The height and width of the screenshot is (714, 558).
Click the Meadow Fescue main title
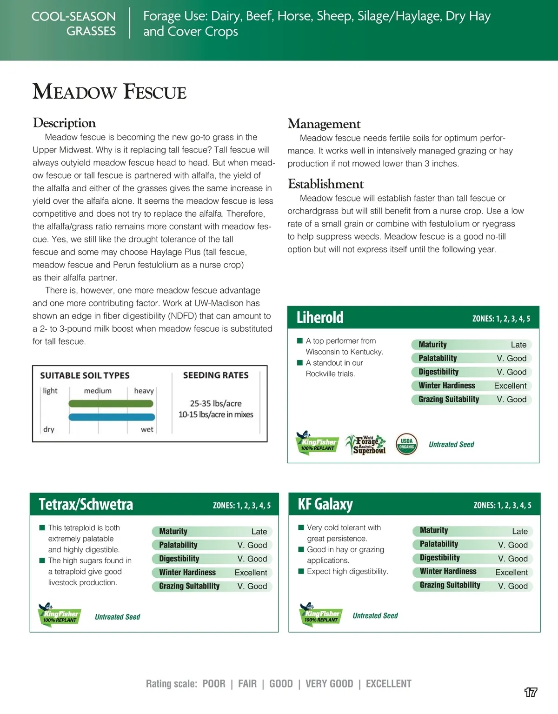[x=110, y=92]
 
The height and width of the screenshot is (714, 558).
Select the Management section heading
[x=324, y=124]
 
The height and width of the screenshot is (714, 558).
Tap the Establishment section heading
[x=325, y=184]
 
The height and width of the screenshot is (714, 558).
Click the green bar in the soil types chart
[x=111, y=404]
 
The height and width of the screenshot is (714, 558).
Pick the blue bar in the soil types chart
[x=112, y=417]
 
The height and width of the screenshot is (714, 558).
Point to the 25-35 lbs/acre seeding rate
[x=216, y=403]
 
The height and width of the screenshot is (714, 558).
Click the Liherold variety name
[x=320, y=318]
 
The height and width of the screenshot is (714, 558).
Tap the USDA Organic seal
[x=406, y=444]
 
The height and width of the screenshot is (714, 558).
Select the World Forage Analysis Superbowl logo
[x=366, y=445]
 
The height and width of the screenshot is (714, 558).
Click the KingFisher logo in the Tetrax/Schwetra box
[x=59, y=615]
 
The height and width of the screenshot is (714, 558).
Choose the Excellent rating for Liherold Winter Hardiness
[x=510, y=386]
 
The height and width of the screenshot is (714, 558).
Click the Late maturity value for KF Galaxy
[x=519, y=531]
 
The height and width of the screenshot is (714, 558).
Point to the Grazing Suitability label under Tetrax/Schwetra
[x=189, y=586]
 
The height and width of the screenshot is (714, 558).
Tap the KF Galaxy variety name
[x=325, y=504]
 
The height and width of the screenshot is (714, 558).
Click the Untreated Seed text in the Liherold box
[x=451, y=445]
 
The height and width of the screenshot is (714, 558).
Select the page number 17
[x=531, y=692]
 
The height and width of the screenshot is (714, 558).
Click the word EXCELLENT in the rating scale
[x=388, y=684]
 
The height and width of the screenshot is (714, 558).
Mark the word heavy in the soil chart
[x=144, y=391]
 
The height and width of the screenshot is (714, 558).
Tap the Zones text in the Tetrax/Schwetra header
[x=241, y=506]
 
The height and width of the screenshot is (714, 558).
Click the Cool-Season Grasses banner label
[x=73, y=24]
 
